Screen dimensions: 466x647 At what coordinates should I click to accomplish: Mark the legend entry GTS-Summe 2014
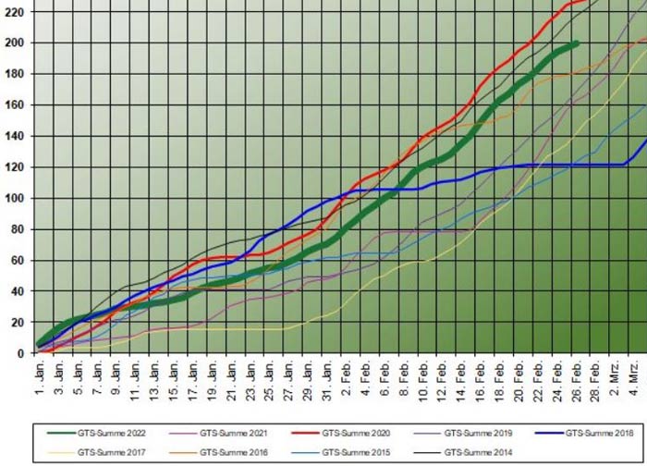(x=473, y=452)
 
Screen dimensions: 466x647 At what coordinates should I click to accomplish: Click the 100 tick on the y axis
(x=16, y=198)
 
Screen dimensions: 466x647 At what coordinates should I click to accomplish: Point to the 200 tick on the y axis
(x=16, y=43)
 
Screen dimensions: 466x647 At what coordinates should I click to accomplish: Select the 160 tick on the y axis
(x=16, y=104)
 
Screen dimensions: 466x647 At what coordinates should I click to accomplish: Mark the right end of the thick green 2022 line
(x=577, y=43)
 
